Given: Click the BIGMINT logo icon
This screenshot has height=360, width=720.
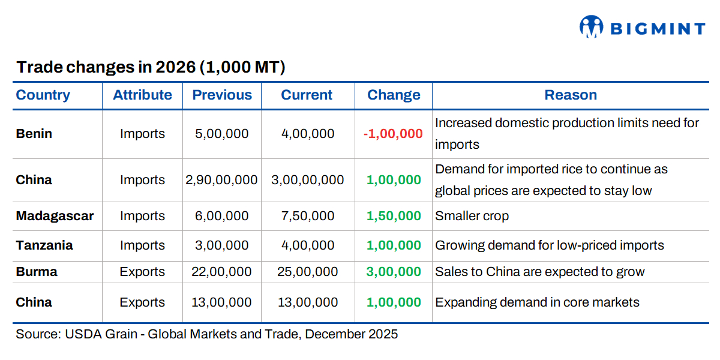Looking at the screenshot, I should [x=591, y=26].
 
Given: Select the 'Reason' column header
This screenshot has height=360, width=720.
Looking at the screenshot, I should [x=571, y=95].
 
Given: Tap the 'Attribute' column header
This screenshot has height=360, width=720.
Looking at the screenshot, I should [x=142, y=95].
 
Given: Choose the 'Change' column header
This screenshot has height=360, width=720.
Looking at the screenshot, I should [x=394, y=95].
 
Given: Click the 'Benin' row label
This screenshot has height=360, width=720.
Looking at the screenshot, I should [x=34, y=134].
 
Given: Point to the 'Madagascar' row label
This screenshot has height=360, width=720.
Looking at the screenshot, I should [x=55, y=216].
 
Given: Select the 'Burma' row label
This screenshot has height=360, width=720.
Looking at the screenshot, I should [x=37, y=272].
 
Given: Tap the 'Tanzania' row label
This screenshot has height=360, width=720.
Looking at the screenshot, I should [x=44, y=245].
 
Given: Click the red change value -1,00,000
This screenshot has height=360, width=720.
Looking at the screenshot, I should [x=393, y=134].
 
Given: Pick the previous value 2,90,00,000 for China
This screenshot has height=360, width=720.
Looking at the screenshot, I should [x=222, y=180].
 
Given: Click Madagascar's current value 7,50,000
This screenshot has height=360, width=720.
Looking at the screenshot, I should [x=308, y=216].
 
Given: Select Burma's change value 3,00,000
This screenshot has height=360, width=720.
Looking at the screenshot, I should [x=394, y=272].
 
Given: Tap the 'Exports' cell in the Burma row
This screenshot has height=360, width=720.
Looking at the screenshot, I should [x=142, y=272].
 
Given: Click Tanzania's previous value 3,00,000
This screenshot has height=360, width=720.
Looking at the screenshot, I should [x=222, y=245].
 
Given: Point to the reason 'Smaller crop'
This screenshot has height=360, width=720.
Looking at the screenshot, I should [x=472, y=216].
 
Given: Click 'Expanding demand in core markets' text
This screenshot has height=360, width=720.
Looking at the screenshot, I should [x=537, y=302].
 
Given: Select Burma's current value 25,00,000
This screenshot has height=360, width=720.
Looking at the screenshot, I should [x=308, y=272].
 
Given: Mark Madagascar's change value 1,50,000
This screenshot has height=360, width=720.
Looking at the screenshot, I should [x=394, y=216].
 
